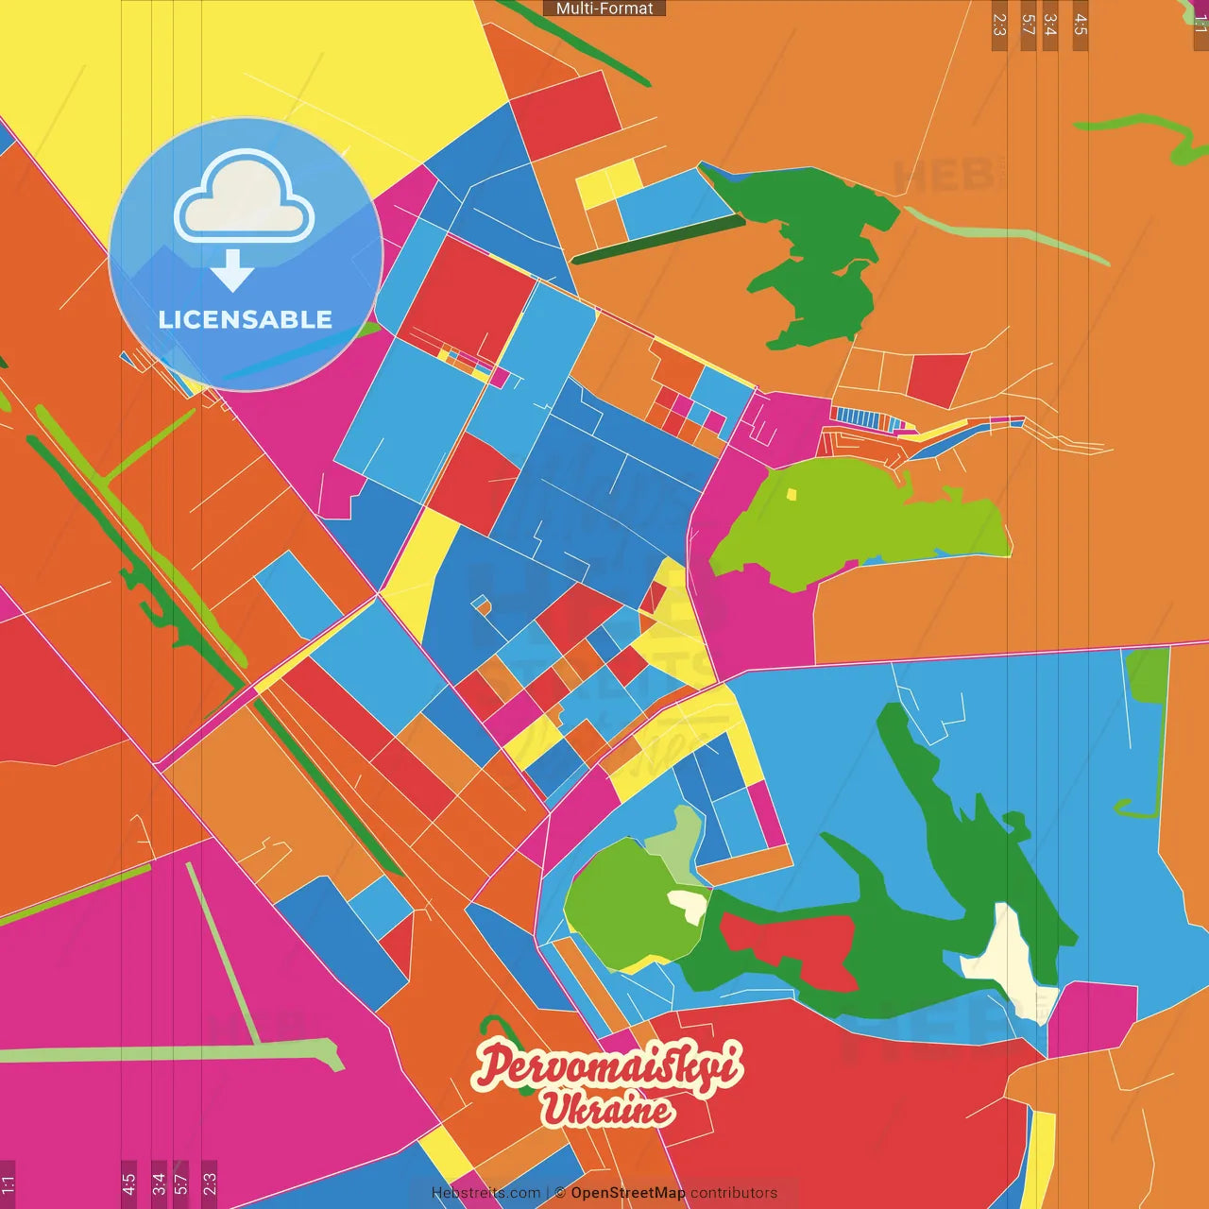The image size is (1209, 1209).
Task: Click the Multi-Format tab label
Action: coord(604,9)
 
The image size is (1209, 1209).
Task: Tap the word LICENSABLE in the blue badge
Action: coord(246,319)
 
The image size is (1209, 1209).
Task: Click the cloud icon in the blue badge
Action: coord(244,198)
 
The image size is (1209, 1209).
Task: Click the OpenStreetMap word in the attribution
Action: coord(627,1193)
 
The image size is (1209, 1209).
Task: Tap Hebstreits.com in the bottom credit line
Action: coord(485,1193)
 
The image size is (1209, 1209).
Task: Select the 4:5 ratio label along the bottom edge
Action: coord(128,1184)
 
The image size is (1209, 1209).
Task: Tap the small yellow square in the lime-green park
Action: coord(792,493)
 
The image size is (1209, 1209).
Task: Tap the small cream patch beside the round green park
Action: coord(690,905)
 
